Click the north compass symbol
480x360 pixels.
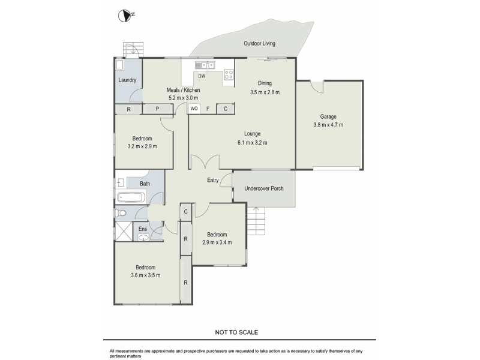pos(124,16)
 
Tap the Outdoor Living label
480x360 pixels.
pos(259,43)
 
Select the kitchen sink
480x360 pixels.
pos(205,65)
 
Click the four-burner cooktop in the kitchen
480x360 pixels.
pos(229,74)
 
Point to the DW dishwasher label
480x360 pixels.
pos(202,76)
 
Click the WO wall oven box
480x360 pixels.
pos(194,109)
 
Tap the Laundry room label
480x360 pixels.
pos(127,80)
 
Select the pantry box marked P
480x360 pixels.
pos(157,109)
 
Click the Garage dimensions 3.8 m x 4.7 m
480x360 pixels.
pos(328,125)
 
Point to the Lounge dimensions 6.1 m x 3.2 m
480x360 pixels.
pos(252,143)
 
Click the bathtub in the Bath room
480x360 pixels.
pos(131,197)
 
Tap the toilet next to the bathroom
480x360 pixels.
pos(121,213)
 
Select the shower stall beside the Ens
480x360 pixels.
pos(124,231)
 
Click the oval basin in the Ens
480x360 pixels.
pos(143,237)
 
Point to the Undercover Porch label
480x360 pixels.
pos(264,188)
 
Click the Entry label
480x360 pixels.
pos(213,181)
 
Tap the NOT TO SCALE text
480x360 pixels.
pos(236,332)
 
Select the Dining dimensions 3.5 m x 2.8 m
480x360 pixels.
pos(265,92)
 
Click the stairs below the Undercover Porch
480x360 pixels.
pos(256,221)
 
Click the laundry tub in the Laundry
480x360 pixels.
pos(119,65)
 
